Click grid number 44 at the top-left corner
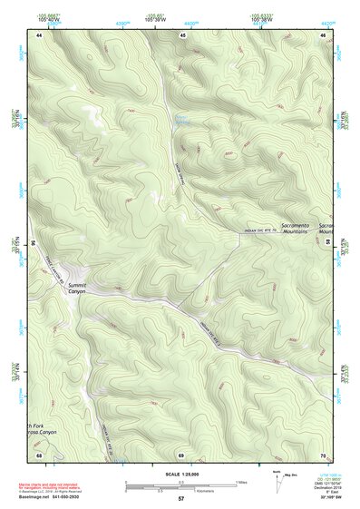[40, 34]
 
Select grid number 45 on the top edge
[181, 34]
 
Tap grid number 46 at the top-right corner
[323, 34]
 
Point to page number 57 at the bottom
[180, 499]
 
